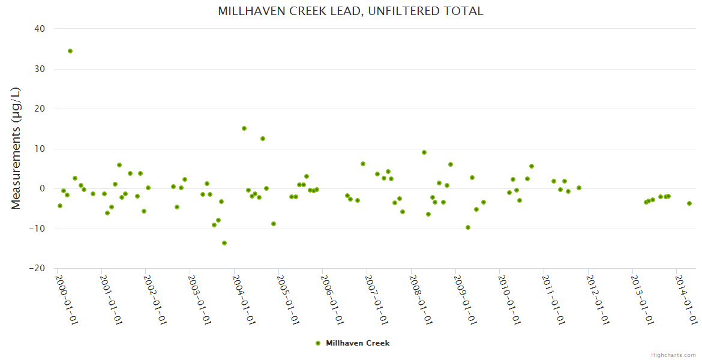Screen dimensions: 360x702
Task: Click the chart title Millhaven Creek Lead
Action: (x=350, y=11)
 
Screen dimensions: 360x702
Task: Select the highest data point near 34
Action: (x=70, y=51)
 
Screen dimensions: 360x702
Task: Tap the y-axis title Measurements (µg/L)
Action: (x=16, y=148)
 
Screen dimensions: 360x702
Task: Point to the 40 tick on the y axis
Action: (x=40, y=29)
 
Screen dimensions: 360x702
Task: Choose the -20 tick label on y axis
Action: (x=38, y=268)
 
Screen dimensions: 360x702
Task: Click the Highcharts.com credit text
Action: (x=673, y=355)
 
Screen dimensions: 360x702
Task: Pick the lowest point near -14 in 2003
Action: (x=224, y=243)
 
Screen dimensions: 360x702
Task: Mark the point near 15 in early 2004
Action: (x=244, y=128)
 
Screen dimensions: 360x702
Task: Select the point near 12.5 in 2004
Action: (x=263, y=139)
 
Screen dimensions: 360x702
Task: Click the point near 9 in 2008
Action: (x=424, y=152)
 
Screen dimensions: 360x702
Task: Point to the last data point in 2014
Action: (x=689, y=203)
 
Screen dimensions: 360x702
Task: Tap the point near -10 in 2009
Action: (x=468, y=227)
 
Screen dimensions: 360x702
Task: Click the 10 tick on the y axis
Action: (x=40, y=149)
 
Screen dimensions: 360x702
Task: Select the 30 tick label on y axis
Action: (x=40, y=69)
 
